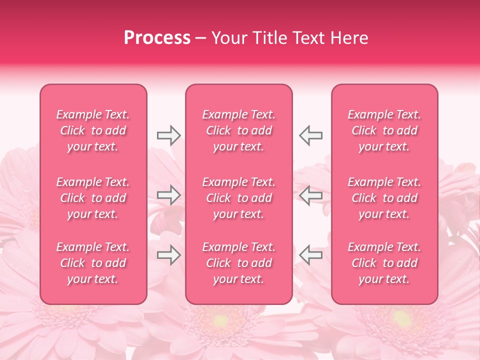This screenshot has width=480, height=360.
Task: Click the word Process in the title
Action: click(x=157, y=38)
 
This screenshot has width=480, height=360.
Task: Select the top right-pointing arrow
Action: click(x=168, y=135)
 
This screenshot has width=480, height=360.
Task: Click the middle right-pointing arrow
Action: click(x=168, y=195)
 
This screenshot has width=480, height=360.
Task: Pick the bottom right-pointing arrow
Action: click(x=168, y=255)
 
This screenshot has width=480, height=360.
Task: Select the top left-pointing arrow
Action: click(x=311, y=135)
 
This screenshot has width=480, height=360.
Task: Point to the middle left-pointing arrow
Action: click(x=311, y=195)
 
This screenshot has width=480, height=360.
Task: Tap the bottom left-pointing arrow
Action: click(x=311, y=255)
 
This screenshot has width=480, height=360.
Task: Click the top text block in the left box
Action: click(x=93, y=130)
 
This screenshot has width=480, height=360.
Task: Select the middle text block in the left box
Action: click(x=93, y=198)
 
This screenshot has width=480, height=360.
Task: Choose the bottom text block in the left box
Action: click(x=93, y=263)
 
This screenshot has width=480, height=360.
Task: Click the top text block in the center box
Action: click(x=238, y=130)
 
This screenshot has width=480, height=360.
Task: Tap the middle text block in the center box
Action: click(x=238, y=198)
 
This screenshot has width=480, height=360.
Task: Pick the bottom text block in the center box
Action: click(x=238, y=263)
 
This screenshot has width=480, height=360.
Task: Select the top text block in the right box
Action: click(x=384, y=130)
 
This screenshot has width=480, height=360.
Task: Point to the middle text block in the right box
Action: click(x=384, y=198)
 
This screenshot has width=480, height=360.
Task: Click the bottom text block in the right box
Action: click(x=384, y=263)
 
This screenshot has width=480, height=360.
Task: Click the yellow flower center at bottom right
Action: click(x=401, y=318)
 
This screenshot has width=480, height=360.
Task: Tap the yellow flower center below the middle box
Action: click(x=220, y=320)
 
